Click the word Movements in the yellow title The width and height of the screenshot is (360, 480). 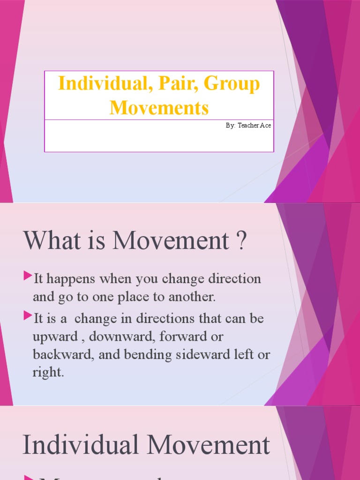click(x=159, y=108)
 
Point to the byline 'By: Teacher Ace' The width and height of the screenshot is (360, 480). click(x=248, y=126)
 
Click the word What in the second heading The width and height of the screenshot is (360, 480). click(x=52, y=240)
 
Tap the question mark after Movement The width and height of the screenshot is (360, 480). click(x=241, y=240)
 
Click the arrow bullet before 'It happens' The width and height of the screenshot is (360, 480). click(x=28, y=277)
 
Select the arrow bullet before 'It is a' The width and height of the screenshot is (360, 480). click(x=28, y=316)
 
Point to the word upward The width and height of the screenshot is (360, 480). click(x=54, y=337)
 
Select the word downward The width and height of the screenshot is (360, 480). click(x=111, y=337)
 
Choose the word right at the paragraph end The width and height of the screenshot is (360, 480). click(x=47, y=373)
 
